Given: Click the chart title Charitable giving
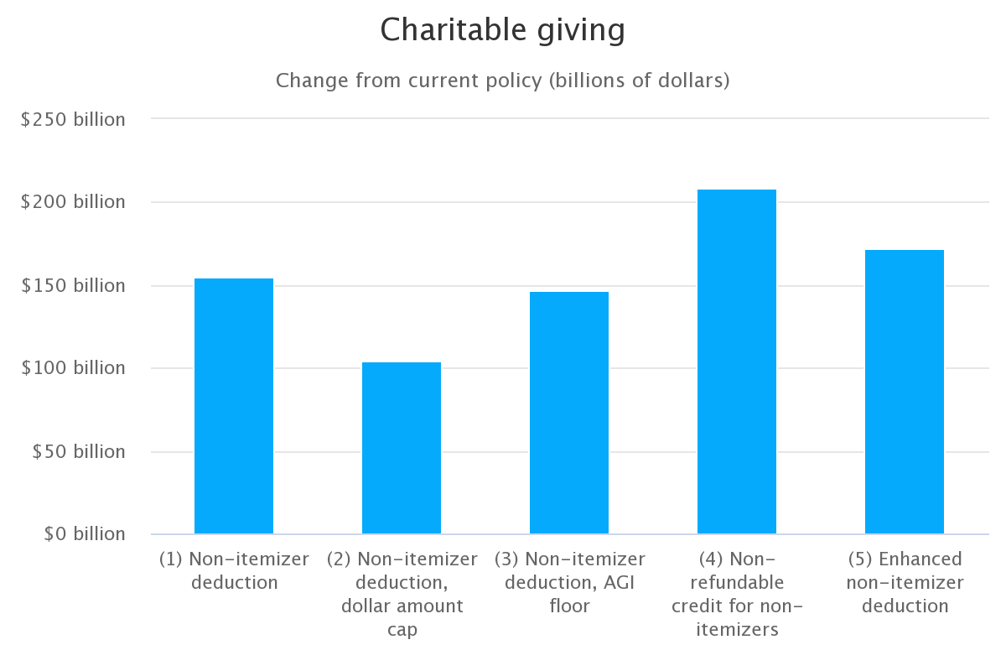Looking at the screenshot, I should (x=502, y=30).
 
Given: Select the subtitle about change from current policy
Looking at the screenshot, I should (x=502, y=81).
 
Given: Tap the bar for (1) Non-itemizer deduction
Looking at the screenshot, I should (x=234, y=406).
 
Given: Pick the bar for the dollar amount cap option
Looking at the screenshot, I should (x=402, y=448).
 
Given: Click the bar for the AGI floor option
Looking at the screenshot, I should (x=569, y=413).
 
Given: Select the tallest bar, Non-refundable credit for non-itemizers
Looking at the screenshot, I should (x=737, y=362).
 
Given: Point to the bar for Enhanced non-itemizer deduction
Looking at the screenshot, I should (x=905, y=392).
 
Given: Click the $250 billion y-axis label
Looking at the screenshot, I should (x=73, y=119).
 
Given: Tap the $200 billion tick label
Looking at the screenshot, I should (x=73, y=202).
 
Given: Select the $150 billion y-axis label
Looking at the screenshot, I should (x=73, y=285).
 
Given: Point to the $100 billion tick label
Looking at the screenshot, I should (x=73, y=368).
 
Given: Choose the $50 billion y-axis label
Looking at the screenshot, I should (x=78, y=451).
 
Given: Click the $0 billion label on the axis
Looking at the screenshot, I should (x=83, y=534).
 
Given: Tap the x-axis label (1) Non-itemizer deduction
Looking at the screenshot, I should (x=234, y=570).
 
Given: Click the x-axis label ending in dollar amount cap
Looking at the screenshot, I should (x=402, y=594).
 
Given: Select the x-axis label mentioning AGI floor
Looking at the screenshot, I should (x=569, y=582).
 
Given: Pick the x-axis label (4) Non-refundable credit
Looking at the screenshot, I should (x=737, y=594).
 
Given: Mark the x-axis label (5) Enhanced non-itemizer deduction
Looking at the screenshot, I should (x=905, y=582).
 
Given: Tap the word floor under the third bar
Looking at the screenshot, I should (x=569, y=606).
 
